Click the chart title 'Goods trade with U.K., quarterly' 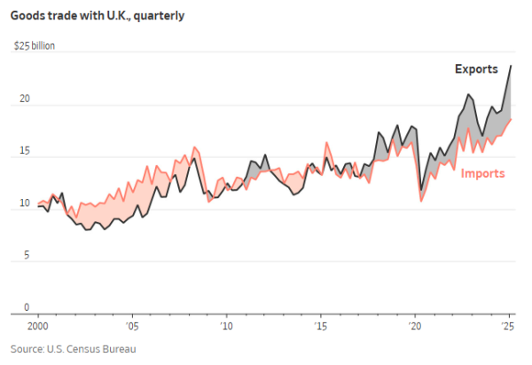[x=98, y=15]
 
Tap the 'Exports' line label [x=476, y=69]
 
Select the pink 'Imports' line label [x=483, y=173]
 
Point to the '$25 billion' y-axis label [x=34, y=45]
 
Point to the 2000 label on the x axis [x=38, y=327]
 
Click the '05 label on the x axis [x=132, y=327]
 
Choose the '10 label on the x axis [x=226, y=327]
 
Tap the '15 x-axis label [x=320, y=327]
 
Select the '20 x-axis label [x=414, y=327]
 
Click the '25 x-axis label [x=508, y=327]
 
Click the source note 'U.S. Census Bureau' [x=74, y=349]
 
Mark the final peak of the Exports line [x=511, y=66]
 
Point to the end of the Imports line [x=511, y=119]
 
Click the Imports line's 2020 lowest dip [x=421, y=201]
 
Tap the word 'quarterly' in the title [x=160, y=15]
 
